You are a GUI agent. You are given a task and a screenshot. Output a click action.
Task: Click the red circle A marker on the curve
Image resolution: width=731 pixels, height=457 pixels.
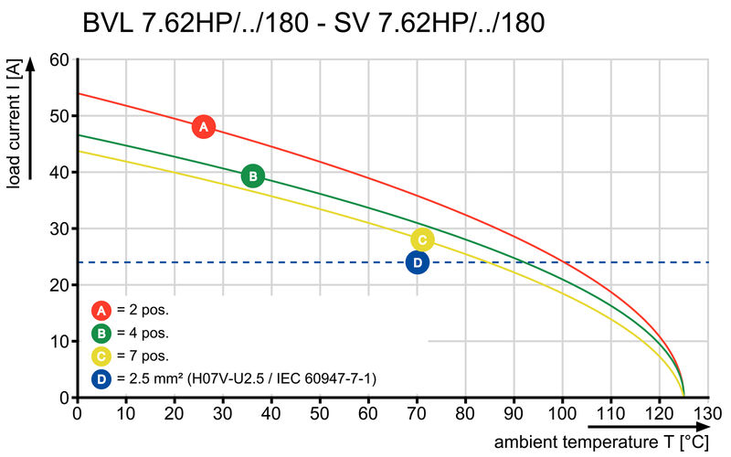[x=204, y=126]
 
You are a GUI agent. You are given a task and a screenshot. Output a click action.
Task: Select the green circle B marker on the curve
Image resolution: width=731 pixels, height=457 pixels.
[x=253, y=176]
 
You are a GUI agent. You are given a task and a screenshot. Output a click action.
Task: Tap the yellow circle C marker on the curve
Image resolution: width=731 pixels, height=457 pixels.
[x=421, y=240]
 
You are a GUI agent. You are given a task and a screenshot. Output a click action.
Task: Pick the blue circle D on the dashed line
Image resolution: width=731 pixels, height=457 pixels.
[x=418, y=263]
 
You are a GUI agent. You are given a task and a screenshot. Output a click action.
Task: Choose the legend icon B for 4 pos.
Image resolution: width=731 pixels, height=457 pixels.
[x=102, y=332]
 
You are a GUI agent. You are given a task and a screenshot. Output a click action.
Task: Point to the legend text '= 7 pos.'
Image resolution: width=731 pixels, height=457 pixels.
[x=143, y=355]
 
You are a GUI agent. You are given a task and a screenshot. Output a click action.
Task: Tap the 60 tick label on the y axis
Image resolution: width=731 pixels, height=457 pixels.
[x=58, y=60]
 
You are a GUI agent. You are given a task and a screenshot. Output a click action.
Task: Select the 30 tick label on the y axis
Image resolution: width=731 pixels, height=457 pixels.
[x=58, y=228]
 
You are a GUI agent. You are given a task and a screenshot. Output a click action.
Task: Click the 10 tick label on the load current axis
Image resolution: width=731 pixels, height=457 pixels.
[x=58, y=342]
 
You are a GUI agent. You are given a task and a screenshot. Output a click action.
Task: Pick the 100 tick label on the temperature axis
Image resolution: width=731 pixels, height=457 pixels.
[x=562, y=412]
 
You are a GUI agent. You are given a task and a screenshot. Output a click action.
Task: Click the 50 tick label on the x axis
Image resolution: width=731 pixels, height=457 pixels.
[x=320, y=412]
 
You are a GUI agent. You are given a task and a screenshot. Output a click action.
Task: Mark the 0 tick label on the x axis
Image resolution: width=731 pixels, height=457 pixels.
[x=78, y=412]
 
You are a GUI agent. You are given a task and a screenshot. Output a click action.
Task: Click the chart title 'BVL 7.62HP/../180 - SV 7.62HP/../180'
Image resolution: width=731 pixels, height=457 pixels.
[x=313, y=22]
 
